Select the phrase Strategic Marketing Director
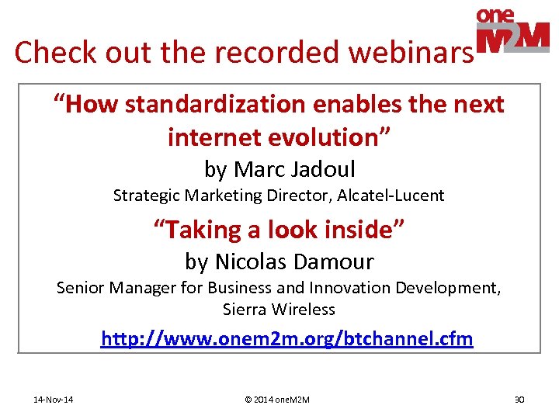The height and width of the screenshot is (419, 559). [222, 196]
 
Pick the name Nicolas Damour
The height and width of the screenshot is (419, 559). [294, 261]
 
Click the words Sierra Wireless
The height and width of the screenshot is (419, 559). [279, 310]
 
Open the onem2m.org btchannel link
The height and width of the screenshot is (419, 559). [286, 340]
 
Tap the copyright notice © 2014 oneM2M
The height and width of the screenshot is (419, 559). [277, 400]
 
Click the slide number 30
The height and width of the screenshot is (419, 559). [519, 400]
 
